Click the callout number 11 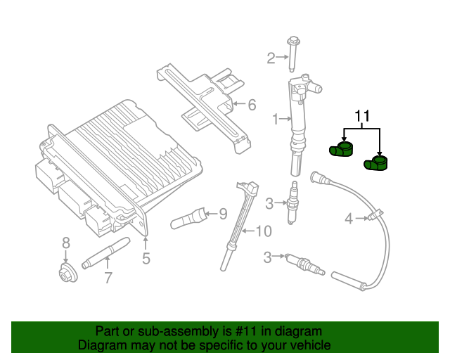[361, 115]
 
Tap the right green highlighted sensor [376, 164]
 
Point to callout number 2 [271, 58]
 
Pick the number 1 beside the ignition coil [276, 120]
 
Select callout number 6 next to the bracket [252, 105]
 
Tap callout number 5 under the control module [146, 258]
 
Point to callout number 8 [66, 243]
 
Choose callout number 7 [108, 278]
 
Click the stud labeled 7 [105, 252]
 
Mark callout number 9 [223, 213]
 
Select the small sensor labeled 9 [188, 218]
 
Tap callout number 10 [262, 231]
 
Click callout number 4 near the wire [349, 219]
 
